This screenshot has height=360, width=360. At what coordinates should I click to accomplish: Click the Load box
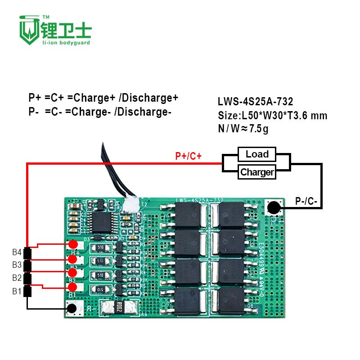point(257,154)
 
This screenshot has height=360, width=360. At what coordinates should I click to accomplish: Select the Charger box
point(257,172)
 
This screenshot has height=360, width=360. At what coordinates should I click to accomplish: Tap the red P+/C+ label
point(188,156)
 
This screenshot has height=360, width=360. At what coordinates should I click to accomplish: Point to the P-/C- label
point(306,201)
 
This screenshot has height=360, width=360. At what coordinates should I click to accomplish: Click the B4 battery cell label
point(17,252)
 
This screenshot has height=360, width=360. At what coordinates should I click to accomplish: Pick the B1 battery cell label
point(17,291)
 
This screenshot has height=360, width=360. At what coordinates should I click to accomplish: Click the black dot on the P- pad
point(273,207)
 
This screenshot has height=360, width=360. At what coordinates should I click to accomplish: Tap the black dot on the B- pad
point(72,308)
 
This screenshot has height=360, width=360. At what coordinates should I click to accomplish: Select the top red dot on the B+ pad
point(73,244)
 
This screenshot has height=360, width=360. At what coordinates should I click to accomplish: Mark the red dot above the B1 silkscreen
point(73,287)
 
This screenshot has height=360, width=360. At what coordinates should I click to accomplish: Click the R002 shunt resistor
point(119,307)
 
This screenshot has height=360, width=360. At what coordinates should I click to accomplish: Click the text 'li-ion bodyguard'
point(66,43)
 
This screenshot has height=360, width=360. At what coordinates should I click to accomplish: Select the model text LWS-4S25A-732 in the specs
point(255,103)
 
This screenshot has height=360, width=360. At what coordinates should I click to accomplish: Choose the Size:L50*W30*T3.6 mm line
point(272,116)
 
